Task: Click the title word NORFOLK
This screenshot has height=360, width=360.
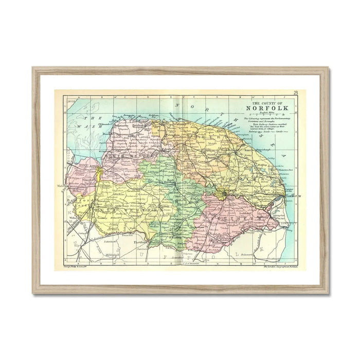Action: coord(267,108)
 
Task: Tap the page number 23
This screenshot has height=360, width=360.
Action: coord(296,93)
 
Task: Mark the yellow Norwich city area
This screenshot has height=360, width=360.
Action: coord(222,194)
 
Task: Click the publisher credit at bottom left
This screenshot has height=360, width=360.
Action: coord(75,266)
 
